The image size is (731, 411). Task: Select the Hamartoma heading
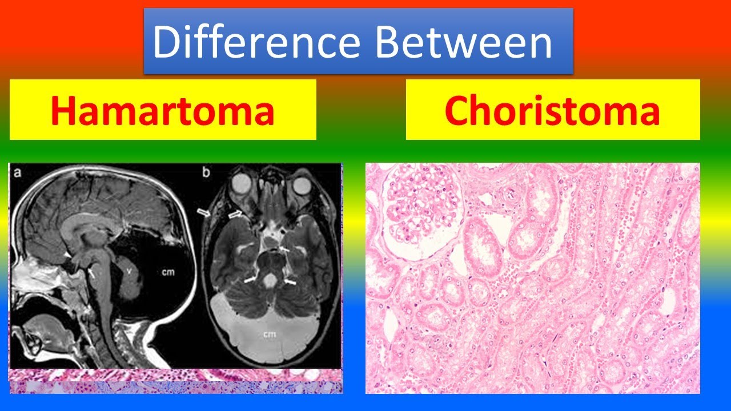pyautogui.click(x=163, y=110)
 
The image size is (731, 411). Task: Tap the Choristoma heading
pyautogui.click(x=552, y=110)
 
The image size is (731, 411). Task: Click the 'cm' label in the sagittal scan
pyautogui.click(x=168, y=272)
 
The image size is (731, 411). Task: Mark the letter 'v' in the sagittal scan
pyautogui.click(x=129, y=272)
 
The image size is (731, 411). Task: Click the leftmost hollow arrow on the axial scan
pyautogui.click(x=204, y=212)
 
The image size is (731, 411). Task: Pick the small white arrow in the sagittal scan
pyautogui.click(x=91, y=273)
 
